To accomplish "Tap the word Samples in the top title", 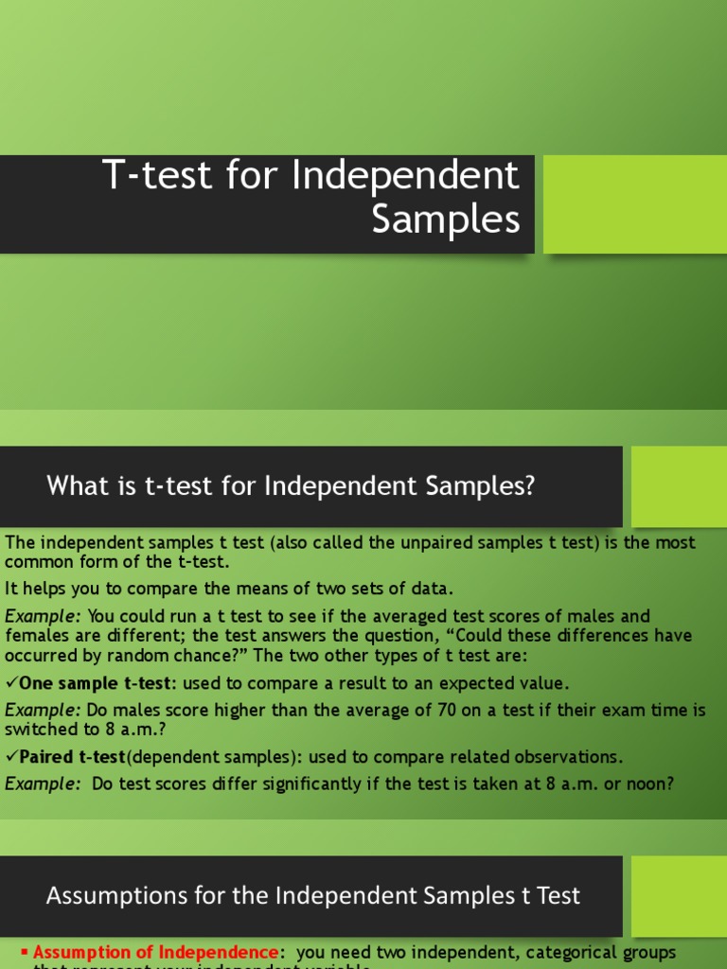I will [446, 220].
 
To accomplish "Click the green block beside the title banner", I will [634, 204].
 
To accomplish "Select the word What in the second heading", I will [72, 486].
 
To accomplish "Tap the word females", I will [36, 635].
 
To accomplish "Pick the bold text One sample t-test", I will [94, 683].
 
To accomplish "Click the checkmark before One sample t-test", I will [10, 683].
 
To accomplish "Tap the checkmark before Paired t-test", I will [10, 757].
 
